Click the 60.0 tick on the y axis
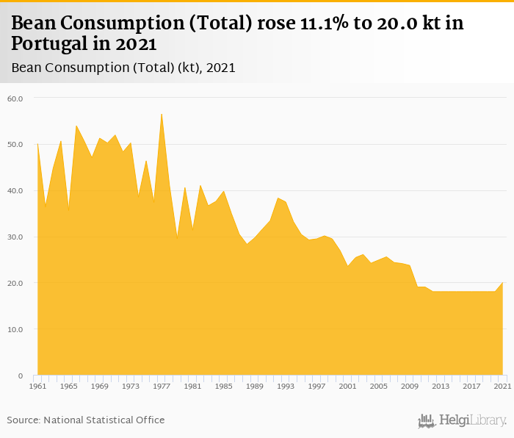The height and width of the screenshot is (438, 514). (x=15, y=98)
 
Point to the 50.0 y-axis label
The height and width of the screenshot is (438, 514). (x=15, y=144)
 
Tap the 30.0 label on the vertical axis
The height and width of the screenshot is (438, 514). (x=15, y=237)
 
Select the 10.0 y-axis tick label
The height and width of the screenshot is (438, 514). (x=15, y=329)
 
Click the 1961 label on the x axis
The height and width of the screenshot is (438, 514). (x=37, y=386)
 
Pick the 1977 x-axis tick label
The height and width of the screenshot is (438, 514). (x=162, y=386)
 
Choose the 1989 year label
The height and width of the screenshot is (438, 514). (x=255, y=386)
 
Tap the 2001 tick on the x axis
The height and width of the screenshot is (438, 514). (x=348, y=386)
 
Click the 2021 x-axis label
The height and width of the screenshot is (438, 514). (x=503, y=386)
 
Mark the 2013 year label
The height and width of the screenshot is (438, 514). (x=441, y=386)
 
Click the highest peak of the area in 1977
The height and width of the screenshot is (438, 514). (x=162, y=114)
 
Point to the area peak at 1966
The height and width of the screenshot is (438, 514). (x=76, y=126)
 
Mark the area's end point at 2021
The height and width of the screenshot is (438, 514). (x=503, y=283)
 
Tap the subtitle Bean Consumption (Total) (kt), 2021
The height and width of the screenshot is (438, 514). (x=123, y=68)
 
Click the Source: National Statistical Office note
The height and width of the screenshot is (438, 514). (x=86, y=420)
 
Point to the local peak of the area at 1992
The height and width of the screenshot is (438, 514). (x=278, y=198)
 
